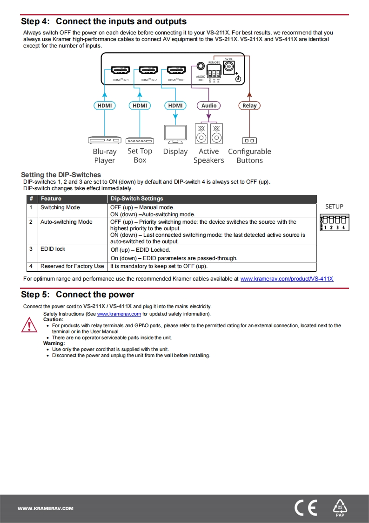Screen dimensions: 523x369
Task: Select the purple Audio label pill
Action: click(209, 106)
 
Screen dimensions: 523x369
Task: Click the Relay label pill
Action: click(249, 106)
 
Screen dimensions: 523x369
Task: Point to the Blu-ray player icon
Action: click(104, 140)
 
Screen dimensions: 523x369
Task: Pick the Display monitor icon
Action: click(175, 134)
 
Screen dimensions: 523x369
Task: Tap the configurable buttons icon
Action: click(249, 140)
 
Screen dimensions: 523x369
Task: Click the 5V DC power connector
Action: click(228, 67)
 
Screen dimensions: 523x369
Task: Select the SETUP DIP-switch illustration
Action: click(334, 222)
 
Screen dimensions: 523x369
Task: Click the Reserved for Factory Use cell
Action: click(72, 267)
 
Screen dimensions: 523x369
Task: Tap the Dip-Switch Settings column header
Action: click(137, 199)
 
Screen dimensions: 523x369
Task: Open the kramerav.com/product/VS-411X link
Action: click(287, 279)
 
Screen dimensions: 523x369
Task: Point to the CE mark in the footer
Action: click(306, 508)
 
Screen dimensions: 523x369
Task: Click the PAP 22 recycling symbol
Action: click(340, 508)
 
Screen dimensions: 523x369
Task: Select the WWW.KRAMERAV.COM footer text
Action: click(46, 509)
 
